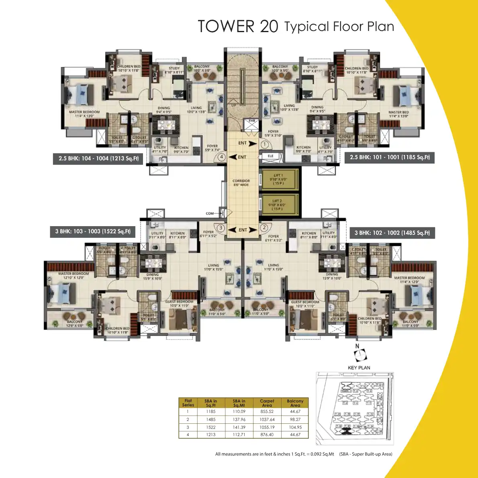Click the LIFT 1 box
click(278, 179)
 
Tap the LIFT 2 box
click(278, 205)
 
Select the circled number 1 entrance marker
click(264, 144)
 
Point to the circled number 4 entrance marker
click(221, 157)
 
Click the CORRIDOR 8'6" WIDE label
click(241, 183)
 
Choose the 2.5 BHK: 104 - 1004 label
click(98, 158)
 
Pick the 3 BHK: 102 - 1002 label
click(392, 233)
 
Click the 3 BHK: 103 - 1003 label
click(93, 231)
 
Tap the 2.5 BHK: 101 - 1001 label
click(390, 157)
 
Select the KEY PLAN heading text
click(359, 368)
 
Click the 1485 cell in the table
click(210, 419)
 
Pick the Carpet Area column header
click(267, 403)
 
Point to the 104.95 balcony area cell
click(295, 427)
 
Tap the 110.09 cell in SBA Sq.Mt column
click(239, 412)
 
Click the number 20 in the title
click(269, 27)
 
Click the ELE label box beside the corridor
click(270, 156)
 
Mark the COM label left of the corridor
click(210, 213)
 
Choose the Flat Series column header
click(188, 403)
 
